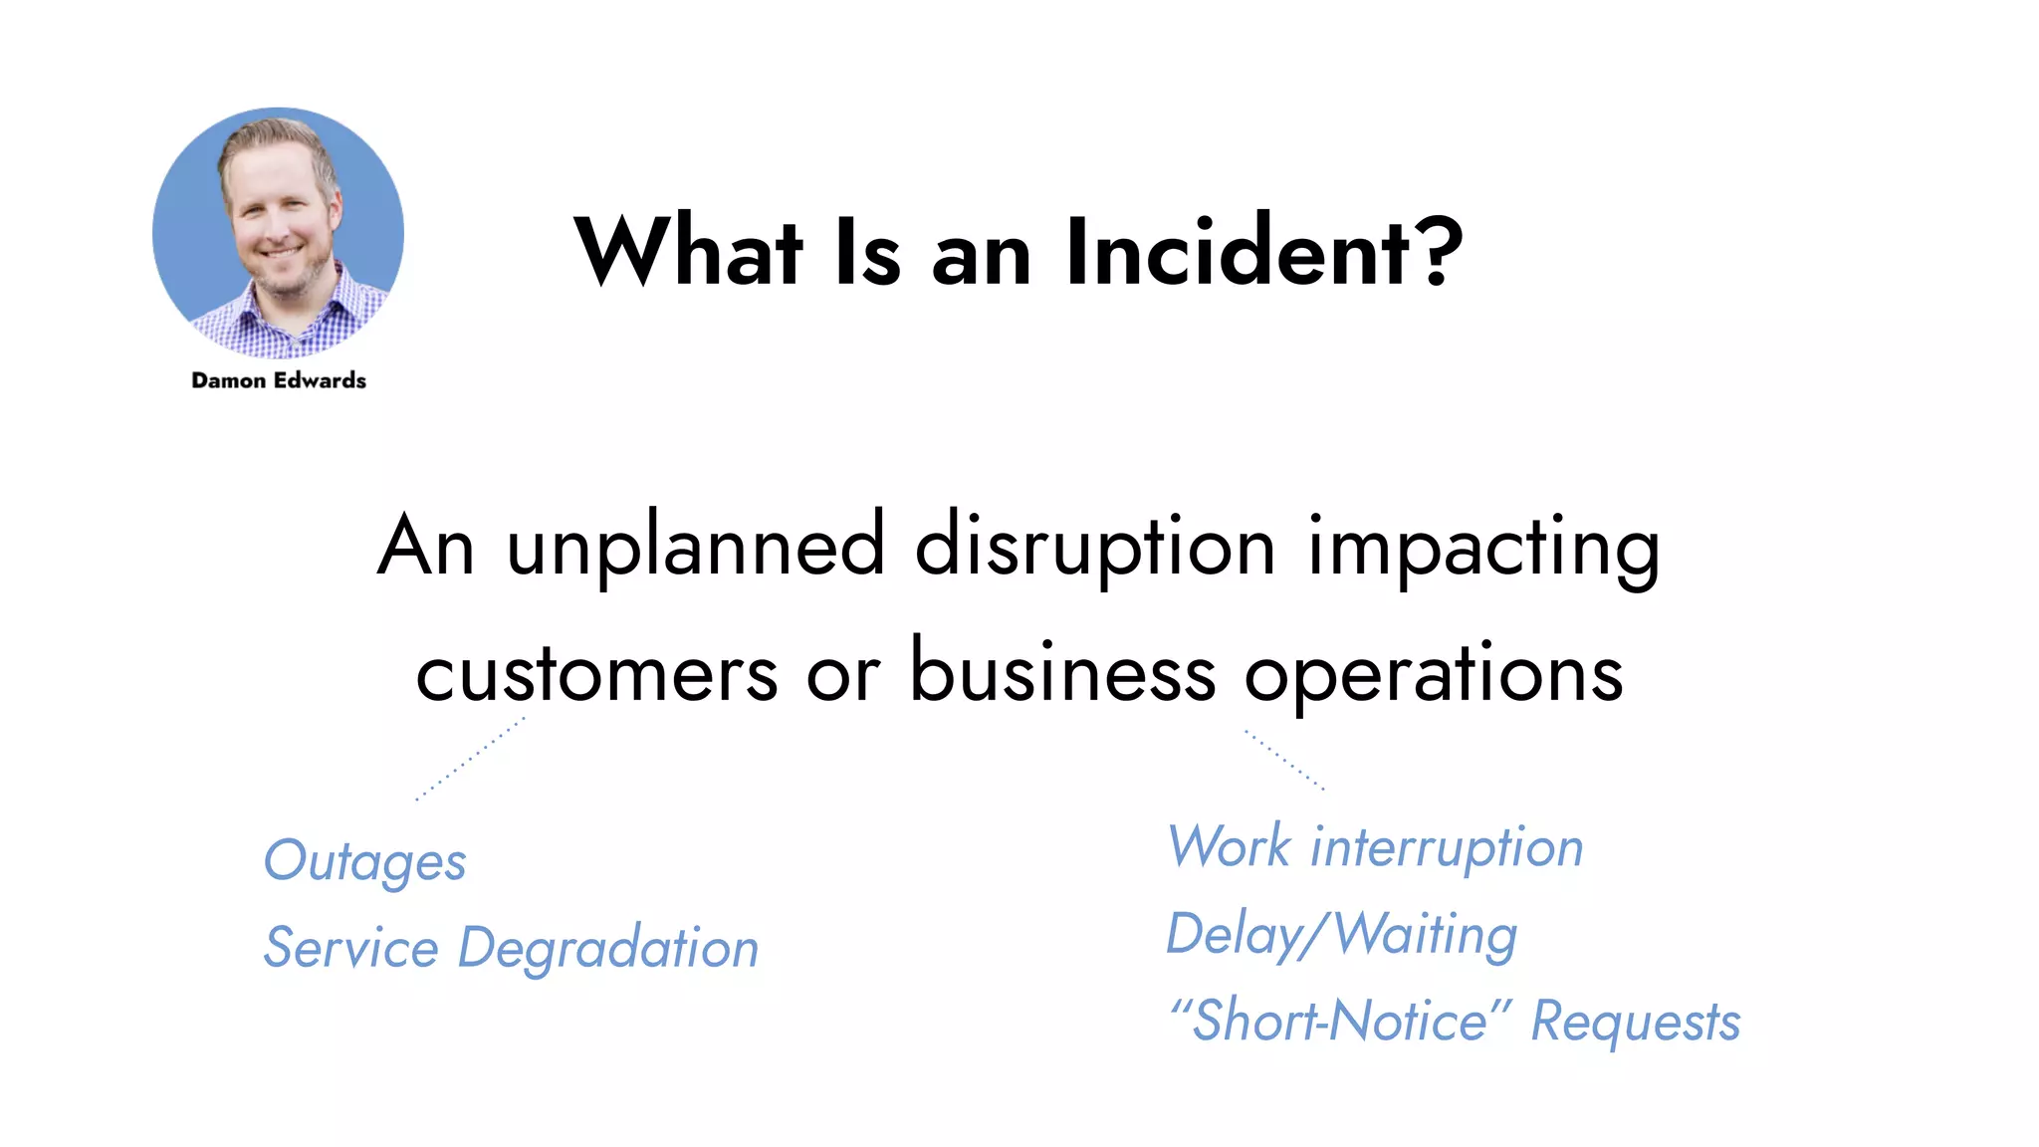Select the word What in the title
click(688, 253)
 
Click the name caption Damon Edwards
click(279, 380)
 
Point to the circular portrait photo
click(279, 233)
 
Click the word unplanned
click(695, 548)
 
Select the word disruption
click(1094, 548)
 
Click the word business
click(1062, 672)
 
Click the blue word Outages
click(364, 862)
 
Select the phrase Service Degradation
click(511, 948)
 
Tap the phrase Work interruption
click(1375, 848)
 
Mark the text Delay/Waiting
click(1341, 936)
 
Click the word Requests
click(1635, 1023)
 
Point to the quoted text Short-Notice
click(1340, 1022)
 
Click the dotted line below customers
click(470, 759)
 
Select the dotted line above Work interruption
click(1284, 760)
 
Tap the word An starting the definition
click(425, 548)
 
